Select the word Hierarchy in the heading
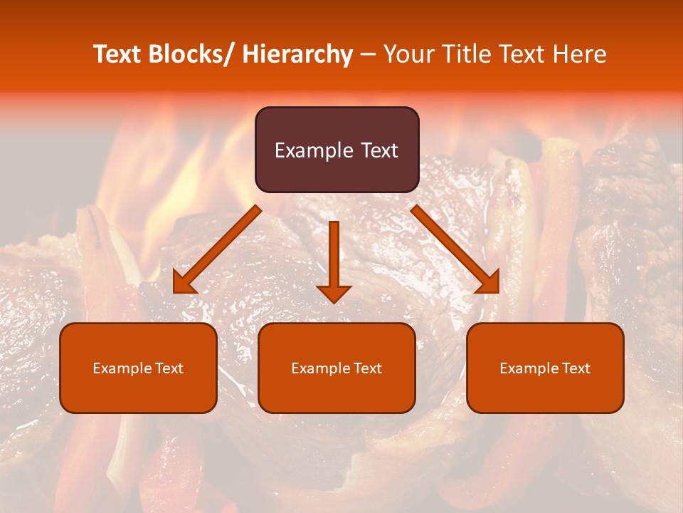pyautogui.click(x=297, y=54)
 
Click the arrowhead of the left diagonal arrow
pyautogui.click(x=184, y=283)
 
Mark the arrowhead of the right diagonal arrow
pyautogui.click(x=488, y=282)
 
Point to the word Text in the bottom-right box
pyautogui.click(x=576, y=368)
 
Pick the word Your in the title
pyautogui.click(x=408, y=54)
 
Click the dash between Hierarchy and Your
pyautogui.click(x=368, y=54)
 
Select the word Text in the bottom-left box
pyautogui.click(x=169, y=368)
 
